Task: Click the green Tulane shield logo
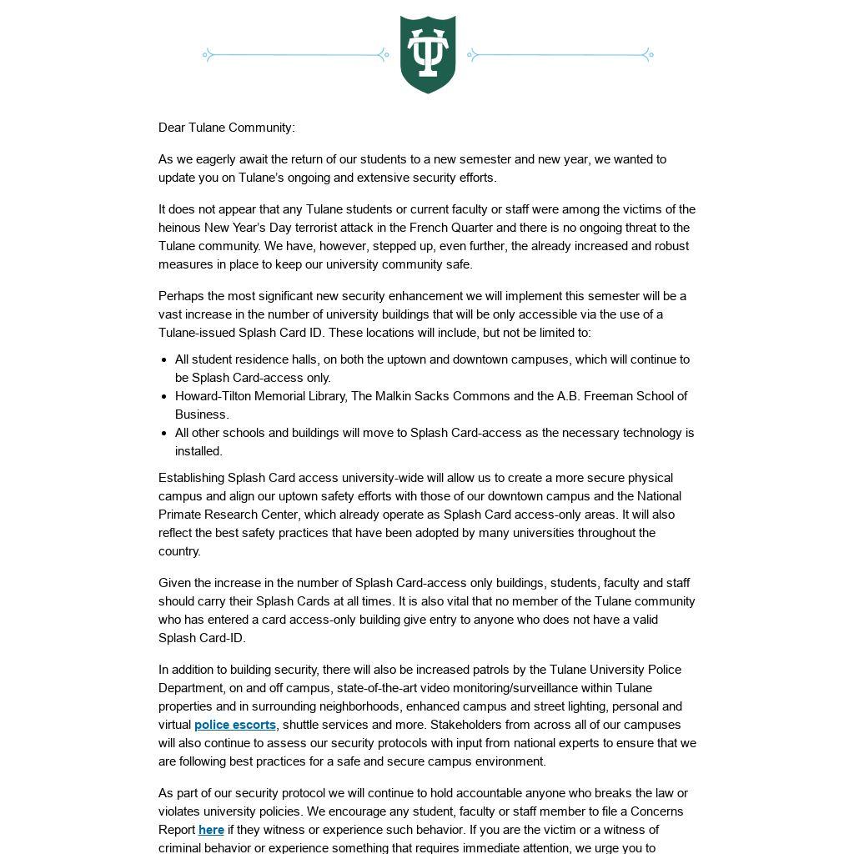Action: pyautogui.click(x=428, y=54)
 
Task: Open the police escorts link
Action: pyautogui.click(x=234, y=725)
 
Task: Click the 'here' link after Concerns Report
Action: pyautogui.click(x=211, y=830)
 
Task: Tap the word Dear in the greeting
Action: pyautogui.click(x=172, y=128)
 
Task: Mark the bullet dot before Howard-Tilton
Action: pyautogui.click(x=163, y=396)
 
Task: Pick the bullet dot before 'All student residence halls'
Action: pyautogui.click(x=163, y=359)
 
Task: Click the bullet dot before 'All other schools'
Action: pyautogui.click(x=163, y=433)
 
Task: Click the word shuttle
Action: pyautogui.click(x=305, y=725)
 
